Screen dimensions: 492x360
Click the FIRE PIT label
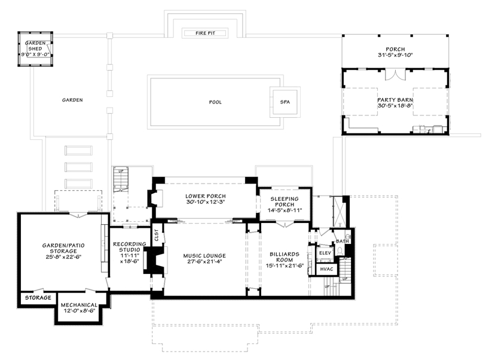(x=205, y=33)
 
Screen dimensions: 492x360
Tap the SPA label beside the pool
(x=285, y=102)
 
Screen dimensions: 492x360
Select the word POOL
(x=215, y=102)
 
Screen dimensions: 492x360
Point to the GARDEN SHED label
(x=35, y=46)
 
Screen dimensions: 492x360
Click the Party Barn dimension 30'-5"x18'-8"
(x=395, y=106)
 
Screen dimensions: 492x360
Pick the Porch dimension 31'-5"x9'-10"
(x=395, y=55)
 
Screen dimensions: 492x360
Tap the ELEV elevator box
(x=325, y=253)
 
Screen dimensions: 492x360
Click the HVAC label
(x=326, y=269)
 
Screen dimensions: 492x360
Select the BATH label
(x=343, y=242)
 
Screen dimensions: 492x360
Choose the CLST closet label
(x=157, y=236)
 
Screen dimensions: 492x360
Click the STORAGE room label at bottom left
(x=38, y=298)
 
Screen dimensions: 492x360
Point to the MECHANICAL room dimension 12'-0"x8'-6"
(x=79, y=311)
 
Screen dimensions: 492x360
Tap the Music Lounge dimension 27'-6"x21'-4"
(x=204, y=261)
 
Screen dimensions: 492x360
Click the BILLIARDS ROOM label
(x=285, y=257)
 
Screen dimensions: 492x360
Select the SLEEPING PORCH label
(x=285, y=202)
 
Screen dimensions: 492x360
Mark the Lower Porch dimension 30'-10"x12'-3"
(x=206, y=202)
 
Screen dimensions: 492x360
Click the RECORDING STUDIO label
(x=130, y=247)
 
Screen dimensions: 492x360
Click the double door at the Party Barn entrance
(x=395, y=74)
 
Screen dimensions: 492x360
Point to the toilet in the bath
(x=340, y=251)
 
